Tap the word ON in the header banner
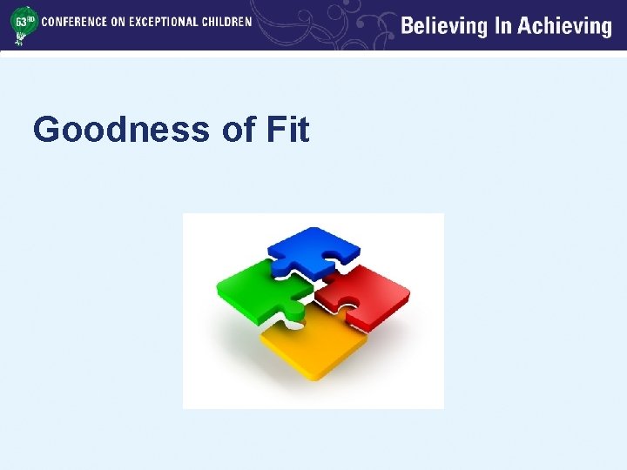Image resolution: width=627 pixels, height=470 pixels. pyautogui.click(x=118, y=22)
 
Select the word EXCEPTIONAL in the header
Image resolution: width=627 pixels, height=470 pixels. pyautogui.click(x=165, y=22)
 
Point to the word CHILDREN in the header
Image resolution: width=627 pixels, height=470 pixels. pyautogui.click(x=227, y=22)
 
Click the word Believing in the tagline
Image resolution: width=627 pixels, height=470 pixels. pyautogui.click(x=444, y=26)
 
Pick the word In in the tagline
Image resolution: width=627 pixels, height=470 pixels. pyautogui.click(x=502, y=26)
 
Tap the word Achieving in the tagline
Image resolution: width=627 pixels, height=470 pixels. pyautogui.click(x=565, y=26)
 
